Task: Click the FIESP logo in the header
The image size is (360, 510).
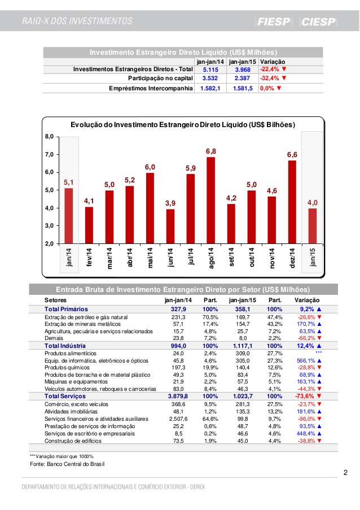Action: click(x=274, y=22)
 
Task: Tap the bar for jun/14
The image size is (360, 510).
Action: click(x=170, y=226)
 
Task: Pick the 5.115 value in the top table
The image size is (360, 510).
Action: click(x=210, y=69)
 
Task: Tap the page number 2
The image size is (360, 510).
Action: click(x=345, y=472)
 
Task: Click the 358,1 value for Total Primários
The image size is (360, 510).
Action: click(x=242, y=310)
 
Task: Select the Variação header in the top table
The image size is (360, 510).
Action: click(x=273, y=61)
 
